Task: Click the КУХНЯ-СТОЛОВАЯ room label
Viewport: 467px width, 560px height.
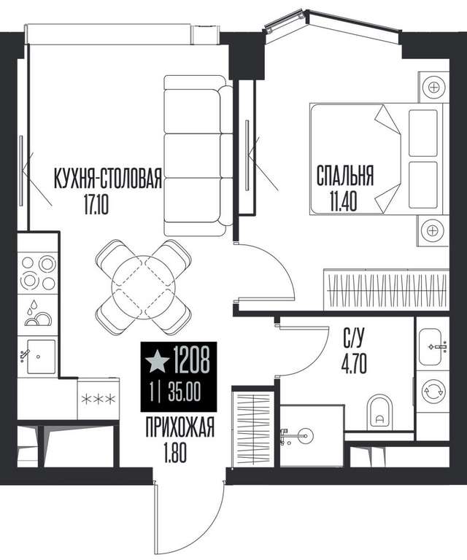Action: coord(108,178)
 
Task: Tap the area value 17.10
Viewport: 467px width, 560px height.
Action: coord(96,206)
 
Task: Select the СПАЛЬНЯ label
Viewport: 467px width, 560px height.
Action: coord(345,175)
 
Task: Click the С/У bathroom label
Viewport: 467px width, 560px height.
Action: coord(354,338)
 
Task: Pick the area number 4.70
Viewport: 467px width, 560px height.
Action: coord(355,365)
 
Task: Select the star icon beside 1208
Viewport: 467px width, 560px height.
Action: coord(156,360)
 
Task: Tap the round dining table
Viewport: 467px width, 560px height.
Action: coord(143,287)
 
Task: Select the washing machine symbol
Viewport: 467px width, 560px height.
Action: coord(433,392)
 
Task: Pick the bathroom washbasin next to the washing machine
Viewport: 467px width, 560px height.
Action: coord(433,346)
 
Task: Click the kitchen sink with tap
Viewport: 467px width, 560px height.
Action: coord(38,356)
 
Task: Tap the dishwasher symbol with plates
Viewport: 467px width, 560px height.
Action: coord(37,315)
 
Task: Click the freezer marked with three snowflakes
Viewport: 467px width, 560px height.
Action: coord(99,399)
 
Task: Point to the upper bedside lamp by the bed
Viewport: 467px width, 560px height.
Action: coord(433,87)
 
